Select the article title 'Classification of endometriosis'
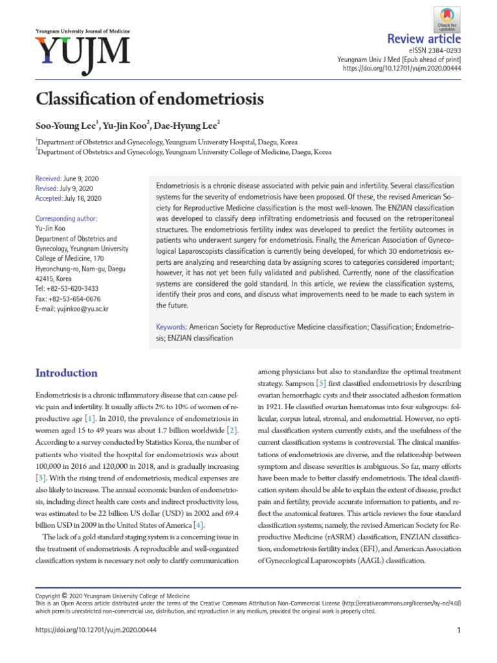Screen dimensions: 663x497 click(149, 100)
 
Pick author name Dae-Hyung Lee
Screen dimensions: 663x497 click(187, 124)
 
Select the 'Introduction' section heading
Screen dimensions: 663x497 click(67, 373)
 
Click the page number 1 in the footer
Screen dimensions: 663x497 click(459, 631)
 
